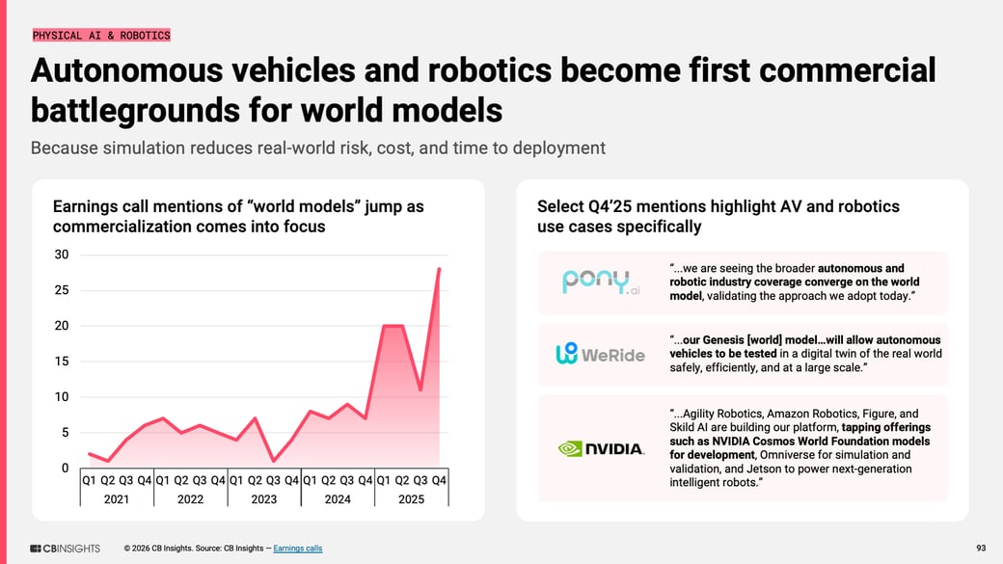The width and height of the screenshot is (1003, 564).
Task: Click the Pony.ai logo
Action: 600,282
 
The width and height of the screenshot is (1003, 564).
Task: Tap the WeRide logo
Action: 600,354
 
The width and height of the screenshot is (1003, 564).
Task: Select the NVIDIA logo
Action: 600,448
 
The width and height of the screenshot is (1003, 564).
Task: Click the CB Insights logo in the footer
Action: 65,549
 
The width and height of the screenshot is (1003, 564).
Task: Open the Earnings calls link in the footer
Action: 298,549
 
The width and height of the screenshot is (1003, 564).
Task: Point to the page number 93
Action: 981,549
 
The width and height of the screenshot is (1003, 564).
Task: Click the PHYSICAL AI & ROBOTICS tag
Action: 101,36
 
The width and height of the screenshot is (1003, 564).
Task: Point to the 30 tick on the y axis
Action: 62,255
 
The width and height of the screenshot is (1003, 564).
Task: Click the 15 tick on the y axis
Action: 62,362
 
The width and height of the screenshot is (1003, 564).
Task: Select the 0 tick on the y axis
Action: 65,469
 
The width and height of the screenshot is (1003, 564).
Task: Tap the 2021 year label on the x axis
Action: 117,499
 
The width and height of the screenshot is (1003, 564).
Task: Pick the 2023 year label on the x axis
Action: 263,499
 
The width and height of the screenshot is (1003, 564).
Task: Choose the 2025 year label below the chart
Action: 411,499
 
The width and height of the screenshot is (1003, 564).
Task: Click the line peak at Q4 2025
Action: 440,269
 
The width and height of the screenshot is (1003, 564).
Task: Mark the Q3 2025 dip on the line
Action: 421,389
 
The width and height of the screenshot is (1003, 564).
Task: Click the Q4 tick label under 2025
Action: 439,480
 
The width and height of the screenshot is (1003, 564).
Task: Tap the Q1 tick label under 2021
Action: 90,480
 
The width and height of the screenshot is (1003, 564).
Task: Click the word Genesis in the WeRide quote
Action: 732,340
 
